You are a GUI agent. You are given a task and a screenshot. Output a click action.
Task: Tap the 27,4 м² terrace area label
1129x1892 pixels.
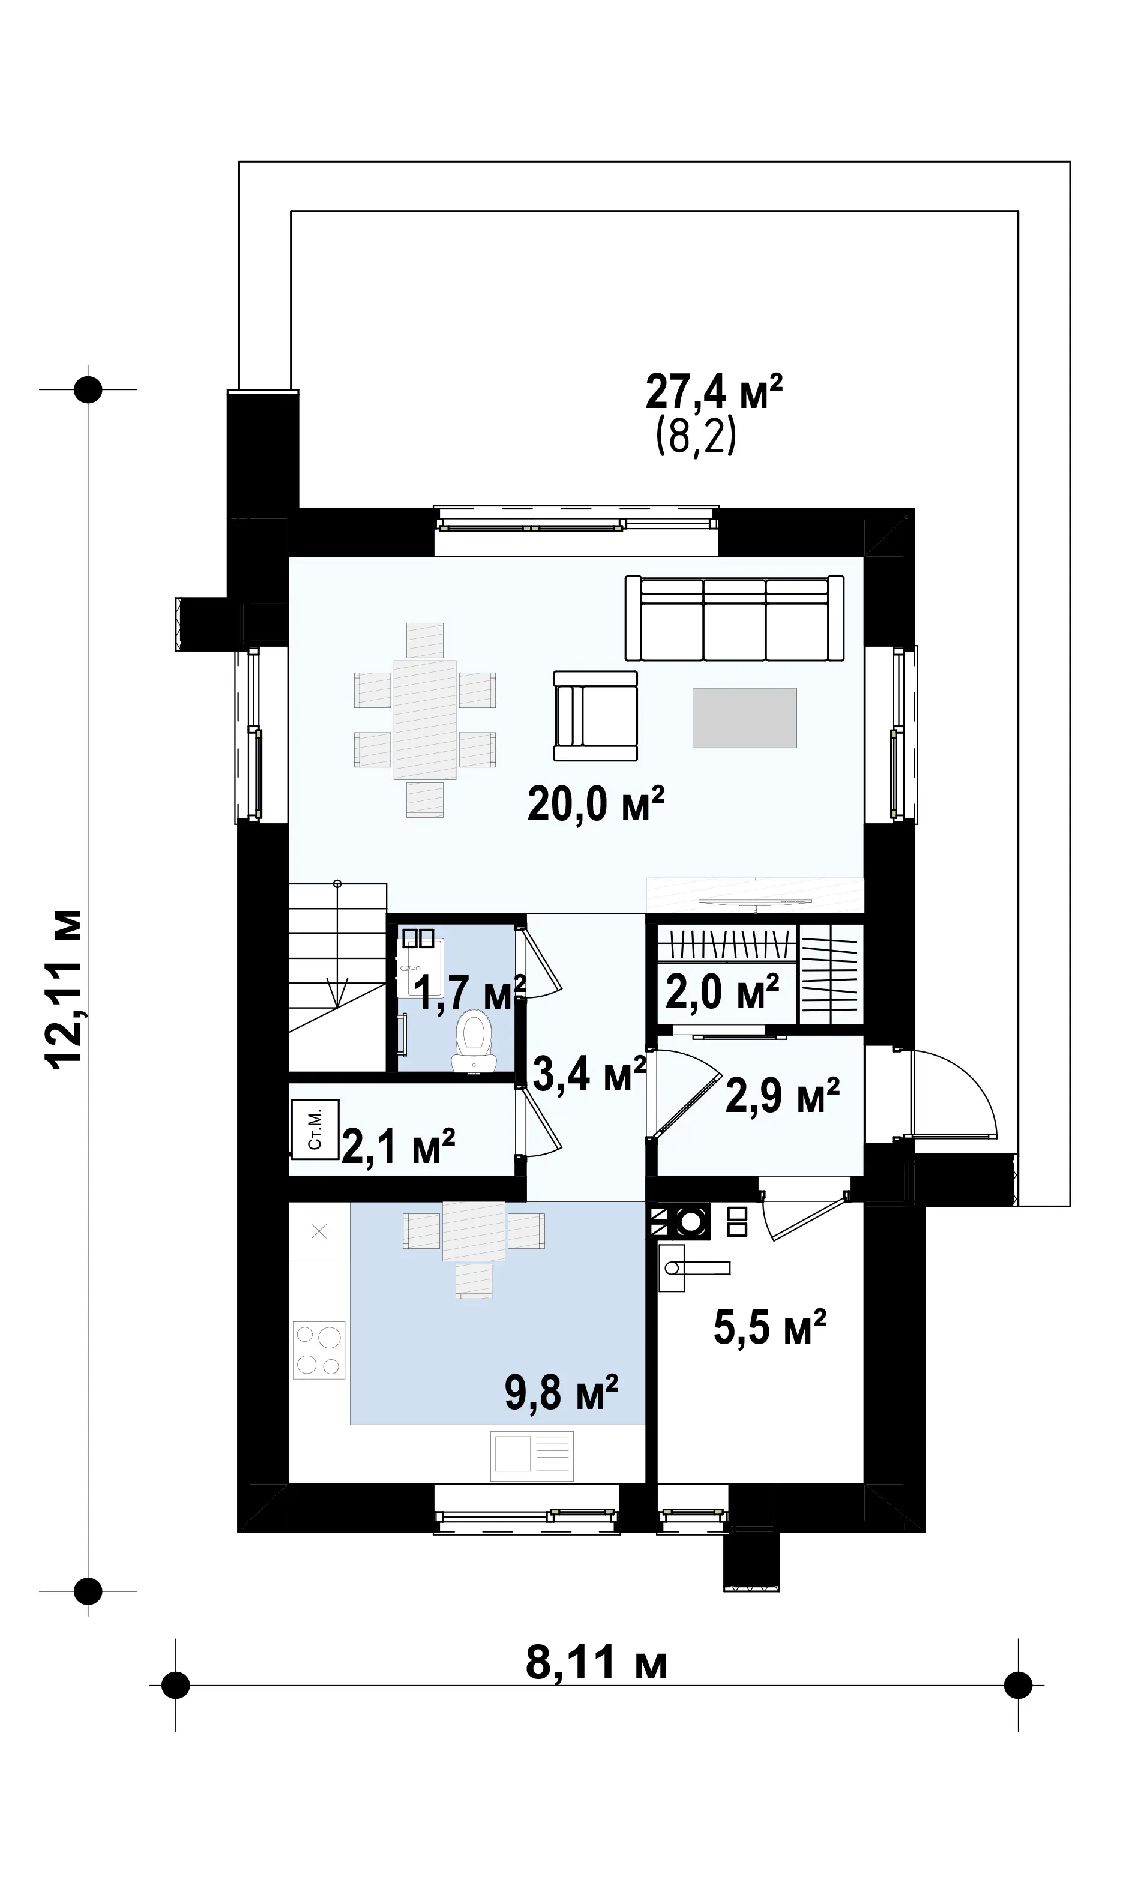(714, 392)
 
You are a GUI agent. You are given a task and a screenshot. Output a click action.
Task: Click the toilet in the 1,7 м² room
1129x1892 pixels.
(474, 1041)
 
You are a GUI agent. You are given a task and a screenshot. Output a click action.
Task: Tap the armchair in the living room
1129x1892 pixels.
(595, 716)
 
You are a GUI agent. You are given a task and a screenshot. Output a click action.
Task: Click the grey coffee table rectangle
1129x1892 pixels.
(744, 718)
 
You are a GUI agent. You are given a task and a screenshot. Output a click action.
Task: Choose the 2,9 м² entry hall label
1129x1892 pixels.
(782, 1096)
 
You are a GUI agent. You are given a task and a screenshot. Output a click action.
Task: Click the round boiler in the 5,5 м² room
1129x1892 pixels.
(691, 1221)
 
